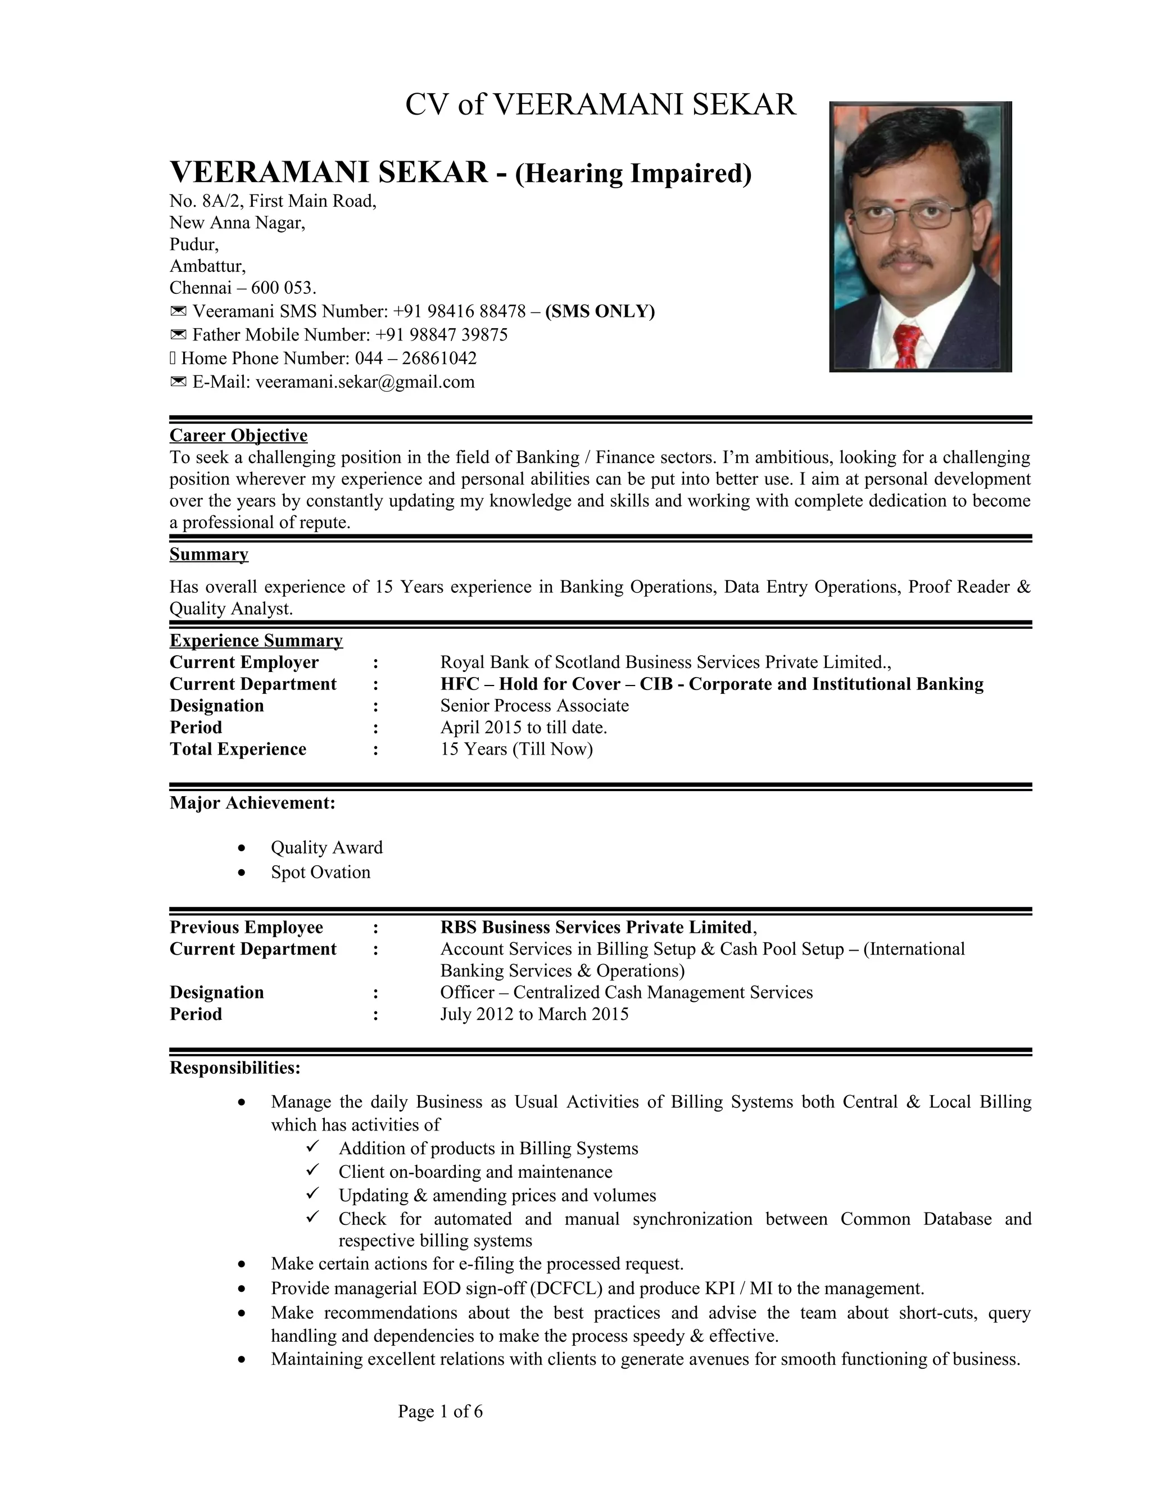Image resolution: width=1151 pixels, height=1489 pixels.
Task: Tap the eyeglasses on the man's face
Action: (x=908, y=217)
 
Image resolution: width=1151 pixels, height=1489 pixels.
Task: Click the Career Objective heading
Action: (x=238, y=435)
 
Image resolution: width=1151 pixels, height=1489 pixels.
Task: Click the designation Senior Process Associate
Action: (x=534, y=706)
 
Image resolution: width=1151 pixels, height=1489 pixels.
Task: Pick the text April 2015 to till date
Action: (x=523, y=728)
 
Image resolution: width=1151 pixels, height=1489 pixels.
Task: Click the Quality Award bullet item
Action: (x=326, y=847)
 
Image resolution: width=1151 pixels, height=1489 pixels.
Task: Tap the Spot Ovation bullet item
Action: (x=320, y=872)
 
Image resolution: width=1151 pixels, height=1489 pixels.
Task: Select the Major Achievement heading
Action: (x=252, y=802)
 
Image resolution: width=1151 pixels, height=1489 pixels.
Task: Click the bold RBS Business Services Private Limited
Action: (x=596, y=927)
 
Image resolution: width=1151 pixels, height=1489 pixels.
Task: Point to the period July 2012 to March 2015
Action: (x=534, y=1014)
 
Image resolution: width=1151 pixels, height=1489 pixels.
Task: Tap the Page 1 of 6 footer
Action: (x=440, y=1411)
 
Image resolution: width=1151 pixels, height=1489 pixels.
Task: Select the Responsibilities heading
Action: (x=234, y=1067)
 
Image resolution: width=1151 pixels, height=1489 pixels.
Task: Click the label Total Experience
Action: (x=237, y=749)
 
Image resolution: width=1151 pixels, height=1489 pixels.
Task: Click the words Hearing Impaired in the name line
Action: (x=633, y=173)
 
